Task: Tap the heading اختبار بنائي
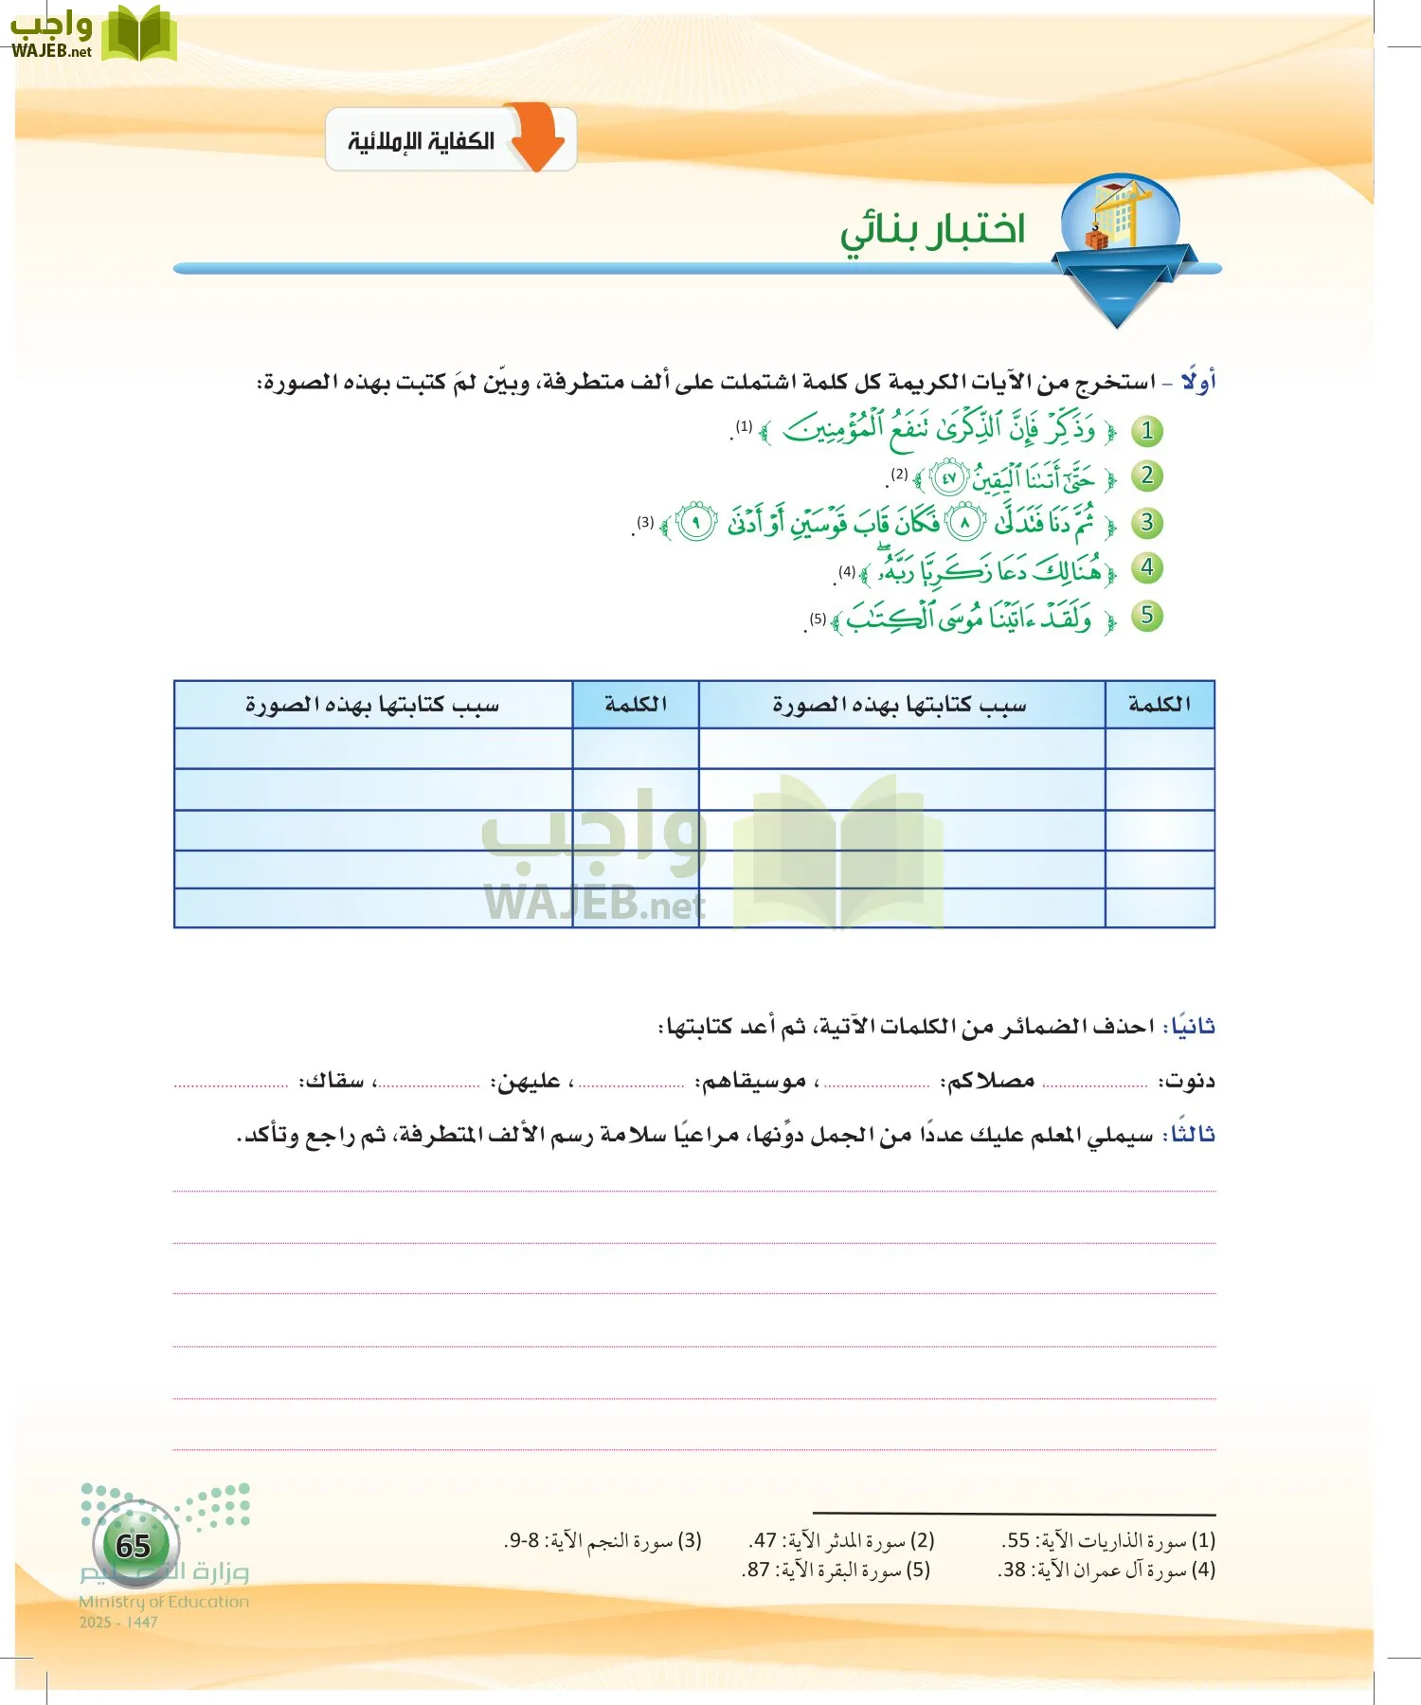pyautogui.click(x=932, y=230)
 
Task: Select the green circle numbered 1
pyautogui.click(x=1146, y=431)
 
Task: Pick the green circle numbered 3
pyautogui.click(x=1146, y=522)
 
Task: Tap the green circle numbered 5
pyautogui.click(x=1146, y=616)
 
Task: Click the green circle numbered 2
pyautogui.click(x=1146, y=476)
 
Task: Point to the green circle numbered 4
pyautogui.click(x=1146, y=568)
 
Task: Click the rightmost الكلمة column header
pyautogui.click(x=1159, y=704)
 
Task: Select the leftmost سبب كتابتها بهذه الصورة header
pyautogui.click(x=372, y=704)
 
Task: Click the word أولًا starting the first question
pyautogui.click(x=1198, y=382)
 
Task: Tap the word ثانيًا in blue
pyautogui.click(x=1193, y=1026)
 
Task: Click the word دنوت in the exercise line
pyautogui.click(x=1190, y=1081)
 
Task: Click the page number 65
pyautogui.click(x=134, y=1546)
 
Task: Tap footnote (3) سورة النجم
pyautogui.click(x=603, y=1541)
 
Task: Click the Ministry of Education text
pyautogui.click(x=164, y=1602)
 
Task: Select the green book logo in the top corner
pyautogui.click(x=138, y=34)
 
